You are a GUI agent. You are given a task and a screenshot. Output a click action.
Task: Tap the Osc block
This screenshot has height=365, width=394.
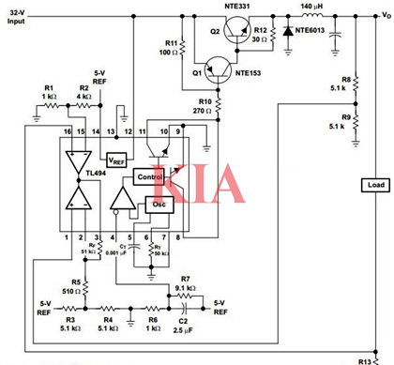pyautogui.click(x=159, y=205)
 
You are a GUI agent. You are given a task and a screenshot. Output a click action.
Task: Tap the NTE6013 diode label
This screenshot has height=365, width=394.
pyautogui.click(x=314, y=31)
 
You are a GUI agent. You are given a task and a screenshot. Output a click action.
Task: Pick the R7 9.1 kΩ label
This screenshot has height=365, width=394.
pyautogui.click(x=186, y=284)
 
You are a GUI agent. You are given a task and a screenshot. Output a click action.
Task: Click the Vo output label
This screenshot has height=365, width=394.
pyautogui.click(x=385, y=16)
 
